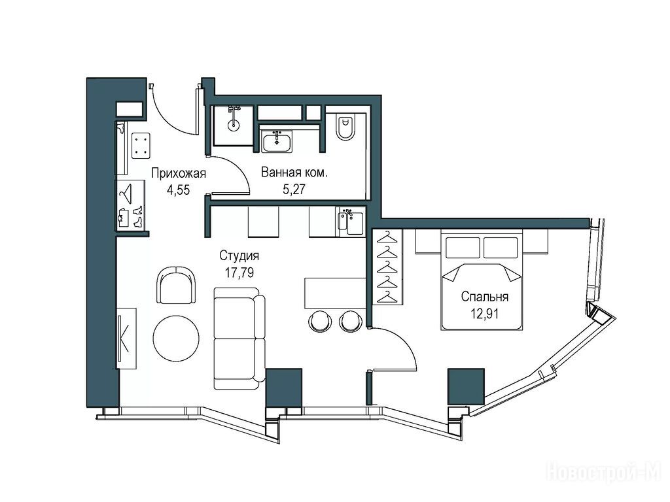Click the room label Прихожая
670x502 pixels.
tap(179, 173)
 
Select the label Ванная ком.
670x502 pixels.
tap(294, 173)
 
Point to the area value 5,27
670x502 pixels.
tap(294, 189)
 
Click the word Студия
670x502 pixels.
tap(239, 256)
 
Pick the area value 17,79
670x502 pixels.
tap(239, 273)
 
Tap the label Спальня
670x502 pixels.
tap(485, 297)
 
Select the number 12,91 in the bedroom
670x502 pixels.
tap(485, 314)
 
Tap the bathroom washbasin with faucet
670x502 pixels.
tap(277, 142)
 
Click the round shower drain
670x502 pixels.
tap(233, 125)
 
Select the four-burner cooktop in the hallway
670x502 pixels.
tap(141, 145)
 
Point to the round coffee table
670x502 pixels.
tap(176, 338)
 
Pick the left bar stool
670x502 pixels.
tap(320, 321)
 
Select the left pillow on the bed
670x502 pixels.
tap(463, 248)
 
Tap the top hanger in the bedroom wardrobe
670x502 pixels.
tap(387, 237)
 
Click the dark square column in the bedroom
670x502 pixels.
tap(466, 386)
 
